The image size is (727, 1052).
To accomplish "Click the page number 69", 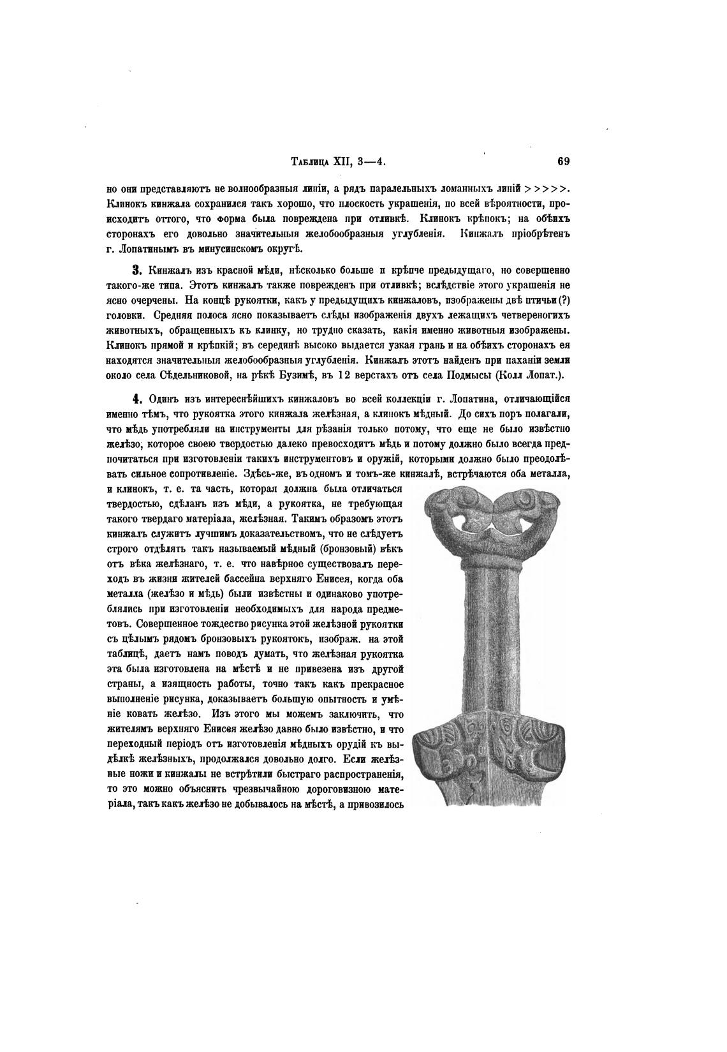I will (x=563, y=161).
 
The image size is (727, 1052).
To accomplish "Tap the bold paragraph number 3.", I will (x=136, y=270).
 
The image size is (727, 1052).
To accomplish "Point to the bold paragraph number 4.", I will (x=136, y=400).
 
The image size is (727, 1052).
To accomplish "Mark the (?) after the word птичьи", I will (x=562, y=300).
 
